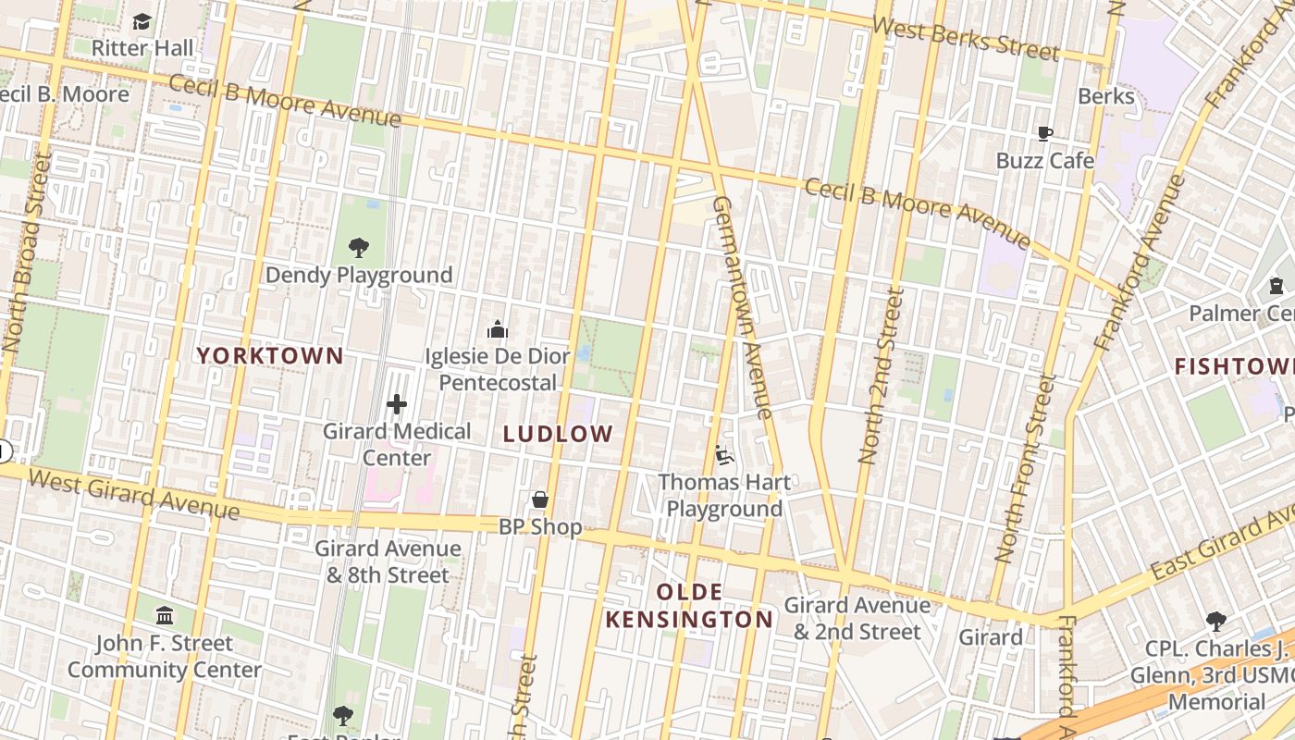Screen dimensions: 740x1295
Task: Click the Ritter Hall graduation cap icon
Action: [x=142, y=21]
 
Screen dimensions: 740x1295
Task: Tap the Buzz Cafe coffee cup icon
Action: [x=1044, y=134]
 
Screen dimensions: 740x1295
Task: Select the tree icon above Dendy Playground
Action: [x=359, y=248]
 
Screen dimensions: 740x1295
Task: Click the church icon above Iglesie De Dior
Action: [x=498, y=329]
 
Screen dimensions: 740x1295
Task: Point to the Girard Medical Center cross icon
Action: [x=397, y=404]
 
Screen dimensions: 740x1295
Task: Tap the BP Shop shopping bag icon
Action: [x=540, y=500]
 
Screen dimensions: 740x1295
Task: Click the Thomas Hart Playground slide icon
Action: [x=724, y=455]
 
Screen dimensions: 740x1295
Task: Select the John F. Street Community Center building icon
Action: [x=165, y=615]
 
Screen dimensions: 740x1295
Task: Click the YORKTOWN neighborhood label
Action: [x=270, y=355]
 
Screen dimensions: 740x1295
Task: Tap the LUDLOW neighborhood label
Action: [x=558, y=433]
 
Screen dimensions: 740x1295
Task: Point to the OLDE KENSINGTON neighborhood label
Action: [x=689, y=606]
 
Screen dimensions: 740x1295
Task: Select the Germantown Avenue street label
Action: [x=743, y=305]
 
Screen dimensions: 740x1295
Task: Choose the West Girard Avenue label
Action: [x=134, y=493]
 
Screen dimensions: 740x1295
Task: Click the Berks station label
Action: [x=1106, y=96]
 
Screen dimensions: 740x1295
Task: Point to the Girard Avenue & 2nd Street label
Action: [x=857, y=618]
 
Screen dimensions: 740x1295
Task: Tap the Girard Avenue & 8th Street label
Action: [x=388, y=561]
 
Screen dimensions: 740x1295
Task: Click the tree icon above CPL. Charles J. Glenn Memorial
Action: [x=1215, y=621]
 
